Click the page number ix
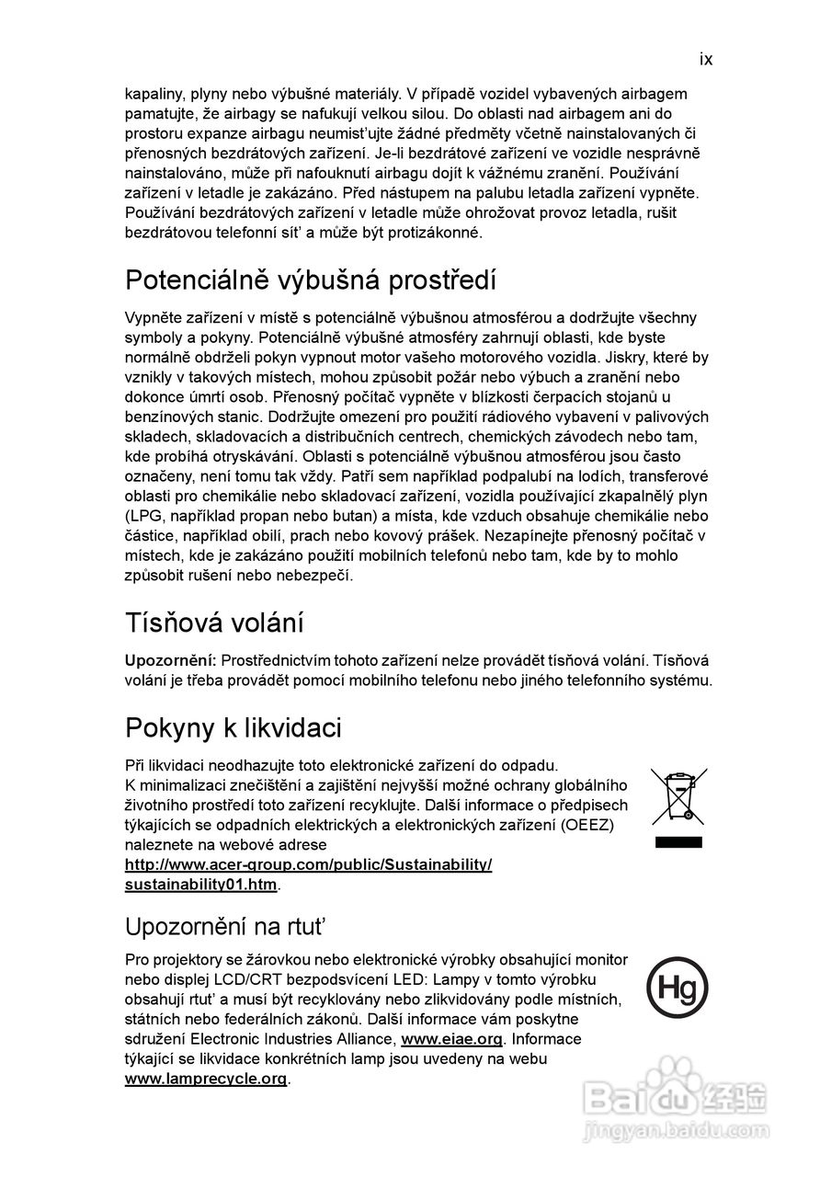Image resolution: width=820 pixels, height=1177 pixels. (x=705, y=60)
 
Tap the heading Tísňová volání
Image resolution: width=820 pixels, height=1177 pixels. (x=214, y=623)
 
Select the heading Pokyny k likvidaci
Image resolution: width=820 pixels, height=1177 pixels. (x=233, y=728)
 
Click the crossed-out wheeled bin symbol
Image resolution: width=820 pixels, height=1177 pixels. (x=678, y=795)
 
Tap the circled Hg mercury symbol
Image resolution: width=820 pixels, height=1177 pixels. (x=678, y=988)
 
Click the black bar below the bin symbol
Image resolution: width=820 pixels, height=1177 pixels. (x=678, y=842)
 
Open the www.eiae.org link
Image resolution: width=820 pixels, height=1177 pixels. (x=452, y=1039)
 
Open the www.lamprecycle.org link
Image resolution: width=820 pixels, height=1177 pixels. (x=206, y=1079)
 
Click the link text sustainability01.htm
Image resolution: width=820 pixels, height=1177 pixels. (x=200, y=885)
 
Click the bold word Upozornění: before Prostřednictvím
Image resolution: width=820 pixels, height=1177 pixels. (x=170, y=661)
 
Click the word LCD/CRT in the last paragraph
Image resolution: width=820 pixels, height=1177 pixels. (x=255, y=979)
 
